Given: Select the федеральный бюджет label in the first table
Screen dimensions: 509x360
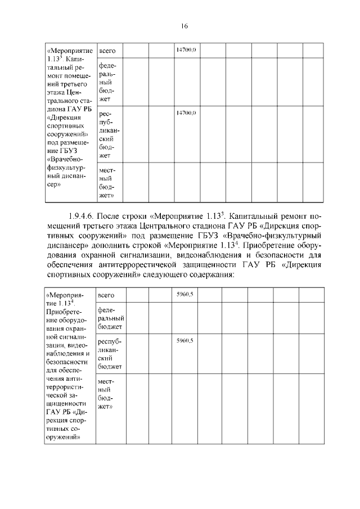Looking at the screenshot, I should tap(107, 82).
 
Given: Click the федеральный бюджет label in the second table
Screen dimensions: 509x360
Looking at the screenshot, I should tap(110, 318).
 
